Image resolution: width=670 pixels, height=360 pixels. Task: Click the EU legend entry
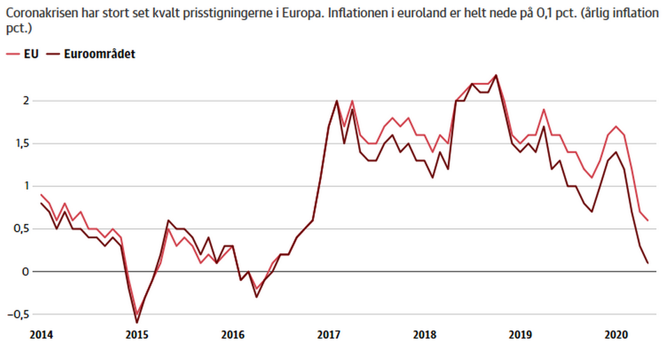22,54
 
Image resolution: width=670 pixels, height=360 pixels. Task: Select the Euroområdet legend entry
91,54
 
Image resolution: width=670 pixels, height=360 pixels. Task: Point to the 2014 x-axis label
41,335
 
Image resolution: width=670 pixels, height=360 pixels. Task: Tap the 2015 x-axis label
137,335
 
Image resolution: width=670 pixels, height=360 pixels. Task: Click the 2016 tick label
233,335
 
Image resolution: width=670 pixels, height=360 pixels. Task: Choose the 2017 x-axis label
329,335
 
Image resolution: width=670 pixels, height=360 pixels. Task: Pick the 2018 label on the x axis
425,335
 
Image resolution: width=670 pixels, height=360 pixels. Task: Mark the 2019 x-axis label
521,335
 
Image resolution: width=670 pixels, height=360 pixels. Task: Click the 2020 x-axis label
616,335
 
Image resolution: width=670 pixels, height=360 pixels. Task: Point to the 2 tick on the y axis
26,100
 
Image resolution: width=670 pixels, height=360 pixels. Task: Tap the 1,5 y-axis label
22,144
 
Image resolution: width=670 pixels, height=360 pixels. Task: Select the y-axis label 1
27,186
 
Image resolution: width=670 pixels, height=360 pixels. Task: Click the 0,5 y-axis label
22,229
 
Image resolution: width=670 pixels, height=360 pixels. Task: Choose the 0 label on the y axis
26,271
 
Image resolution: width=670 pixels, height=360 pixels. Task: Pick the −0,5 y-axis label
18,315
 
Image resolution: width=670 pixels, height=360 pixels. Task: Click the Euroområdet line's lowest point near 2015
137,323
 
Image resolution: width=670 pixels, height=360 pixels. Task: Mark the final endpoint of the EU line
648,220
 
